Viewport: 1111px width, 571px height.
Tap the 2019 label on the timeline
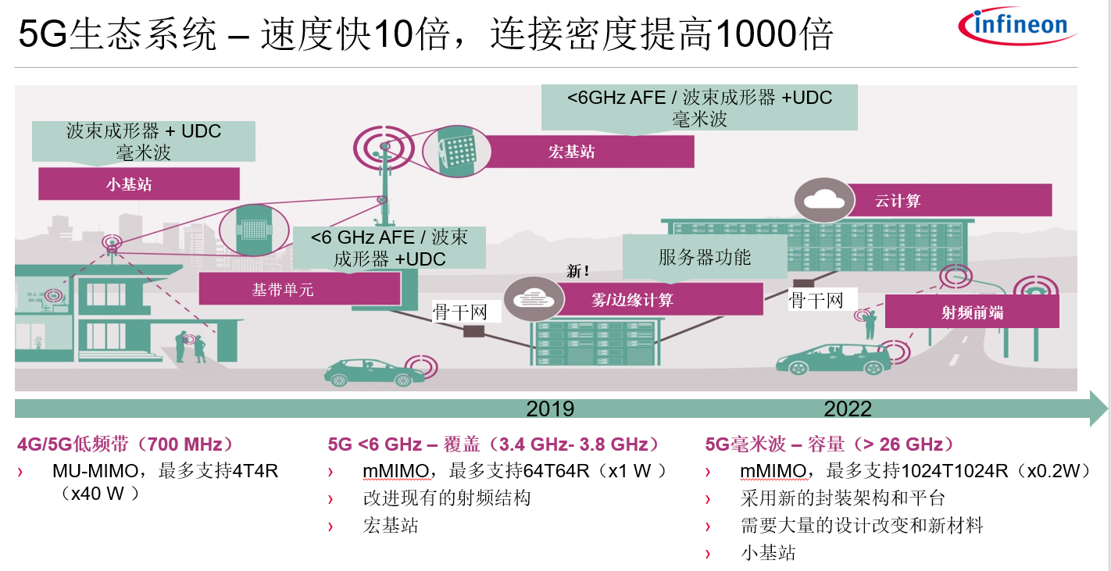click(550, 409)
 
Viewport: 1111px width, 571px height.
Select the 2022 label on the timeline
click(848, 409)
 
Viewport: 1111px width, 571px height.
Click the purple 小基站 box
click(139, 184)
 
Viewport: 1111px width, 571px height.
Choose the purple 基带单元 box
click(299, 290)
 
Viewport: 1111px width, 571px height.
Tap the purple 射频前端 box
click(972, 312)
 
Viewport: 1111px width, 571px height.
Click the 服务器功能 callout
click(705, 257)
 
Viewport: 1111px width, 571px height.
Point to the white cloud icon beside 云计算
click(823, 200)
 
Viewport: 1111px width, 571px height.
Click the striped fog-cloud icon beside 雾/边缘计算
click(534, 298)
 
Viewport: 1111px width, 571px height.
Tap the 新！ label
click(577, 271)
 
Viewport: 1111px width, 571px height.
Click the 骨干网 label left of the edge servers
click(459, 312)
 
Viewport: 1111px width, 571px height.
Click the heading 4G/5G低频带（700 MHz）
click(125, 444)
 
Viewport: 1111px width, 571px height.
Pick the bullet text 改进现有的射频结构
click(447, 498)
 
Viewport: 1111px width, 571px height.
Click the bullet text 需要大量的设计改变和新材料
click(862, 525)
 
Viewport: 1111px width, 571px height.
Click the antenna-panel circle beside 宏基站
click(457, 152)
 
